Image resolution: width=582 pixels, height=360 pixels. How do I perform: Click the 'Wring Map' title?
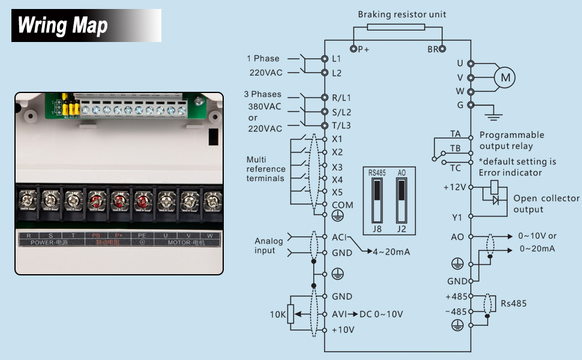62,26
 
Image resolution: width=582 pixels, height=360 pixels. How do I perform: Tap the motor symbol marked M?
505,77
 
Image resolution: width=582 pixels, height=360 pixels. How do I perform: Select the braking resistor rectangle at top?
396,27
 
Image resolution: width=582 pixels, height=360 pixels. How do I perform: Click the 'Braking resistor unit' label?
402,14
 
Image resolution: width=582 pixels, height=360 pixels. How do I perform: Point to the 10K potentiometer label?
277,314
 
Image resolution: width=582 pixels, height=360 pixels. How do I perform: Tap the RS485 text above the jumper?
377,172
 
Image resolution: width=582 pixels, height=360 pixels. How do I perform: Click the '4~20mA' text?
392,251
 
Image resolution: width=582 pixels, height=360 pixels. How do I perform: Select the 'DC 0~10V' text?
381,314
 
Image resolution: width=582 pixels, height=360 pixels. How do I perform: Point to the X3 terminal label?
337,167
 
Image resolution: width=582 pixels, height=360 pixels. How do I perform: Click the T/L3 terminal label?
341,125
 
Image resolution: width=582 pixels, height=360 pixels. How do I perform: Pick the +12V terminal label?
454,187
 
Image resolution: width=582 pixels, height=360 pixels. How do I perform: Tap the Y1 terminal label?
457,217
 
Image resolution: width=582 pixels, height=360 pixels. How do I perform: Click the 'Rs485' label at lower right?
514,304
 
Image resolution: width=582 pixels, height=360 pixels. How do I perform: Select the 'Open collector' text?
547,198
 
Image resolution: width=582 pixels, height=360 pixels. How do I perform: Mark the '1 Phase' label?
263,58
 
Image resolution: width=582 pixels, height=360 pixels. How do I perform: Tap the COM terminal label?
343,205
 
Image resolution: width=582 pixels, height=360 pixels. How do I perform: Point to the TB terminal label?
455,148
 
